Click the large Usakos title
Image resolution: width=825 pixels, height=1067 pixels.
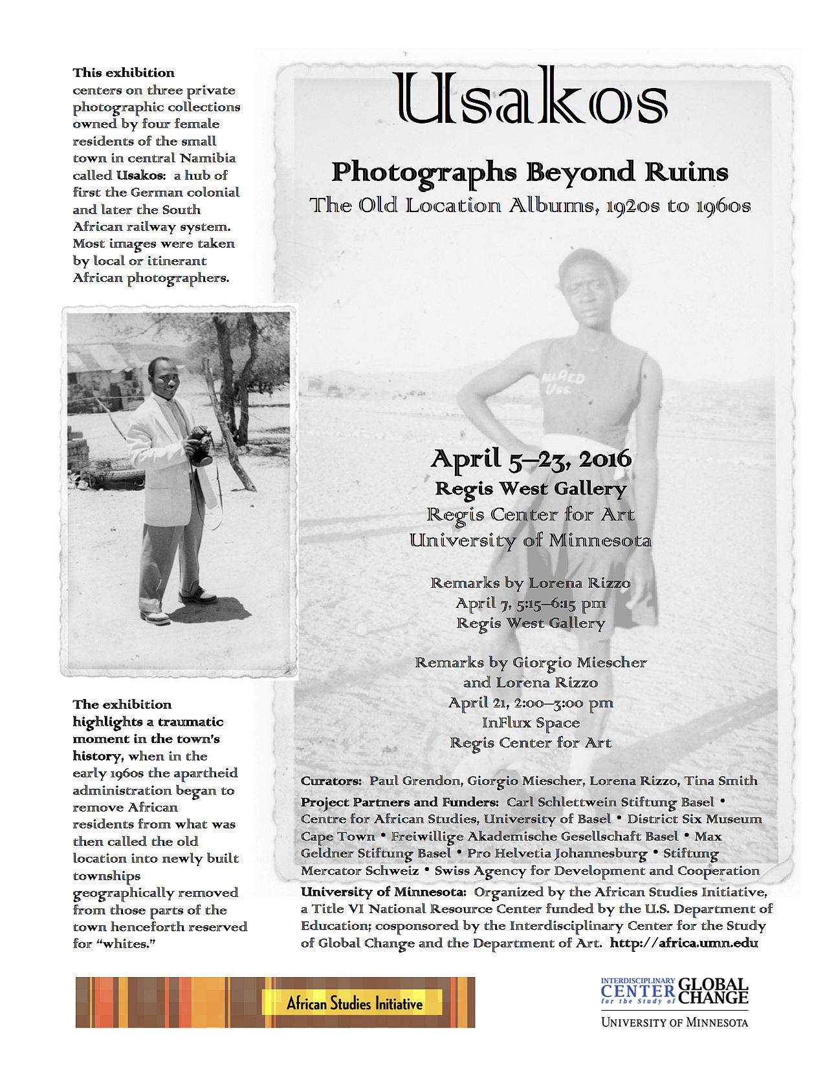[x=530, y=98]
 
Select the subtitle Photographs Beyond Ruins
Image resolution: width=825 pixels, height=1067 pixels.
[x=530, y=173]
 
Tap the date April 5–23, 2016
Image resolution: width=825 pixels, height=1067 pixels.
[x=531, y=459]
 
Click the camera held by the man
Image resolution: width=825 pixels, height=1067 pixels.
[x=202, y=446]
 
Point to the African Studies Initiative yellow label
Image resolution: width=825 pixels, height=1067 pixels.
[x=354, y=1004]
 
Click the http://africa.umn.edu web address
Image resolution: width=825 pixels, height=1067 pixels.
[x=684, y=943]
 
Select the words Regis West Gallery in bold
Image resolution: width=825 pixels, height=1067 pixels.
[x=531, y=489]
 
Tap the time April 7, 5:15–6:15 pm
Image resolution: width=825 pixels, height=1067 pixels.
[x=531, y=603]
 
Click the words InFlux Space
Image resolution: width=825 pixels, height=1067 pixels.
[x=531, y=722]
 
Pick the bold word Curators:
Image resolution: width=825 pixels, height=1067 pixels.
[x=331, y=781]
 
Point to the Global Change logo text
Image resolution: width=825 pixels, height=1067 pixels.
[x=712, y=991]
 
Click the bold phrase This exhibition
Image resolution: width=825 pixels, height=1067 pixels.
[x=124, y=72]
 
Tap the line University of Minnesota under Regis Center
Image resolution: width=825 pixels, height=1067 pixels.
[x=531, y=541]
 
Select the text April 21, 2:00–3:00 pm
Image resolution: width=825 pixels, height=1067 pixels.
[x=531, y=703]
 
